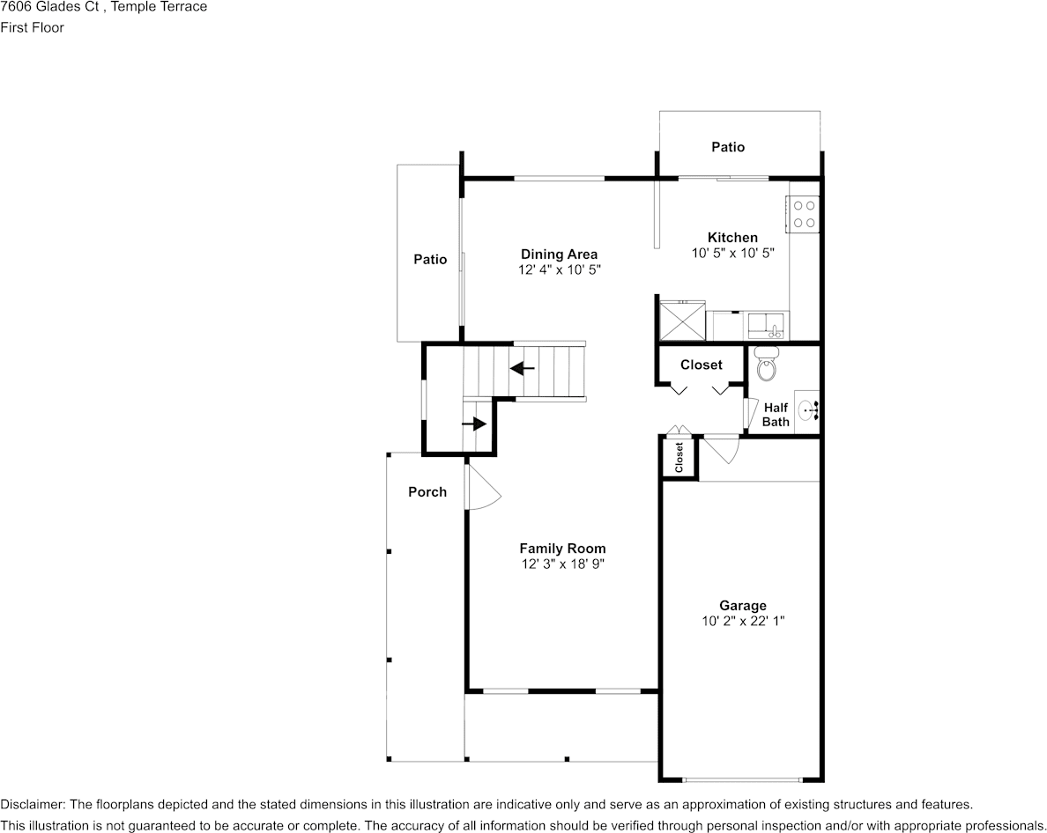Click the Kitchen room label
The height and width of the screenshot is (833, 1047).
pyautogui.click(x=732, y=238)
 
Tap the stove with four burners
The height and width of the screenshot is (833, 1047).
pyautogui.click(x=803, y=214)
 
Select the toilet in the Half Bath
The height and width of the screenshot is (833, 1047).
pyautogui.click(x=767, y=365)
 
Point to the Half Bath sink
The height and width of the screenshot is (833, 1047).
pyautogui.click(x=807, y=409)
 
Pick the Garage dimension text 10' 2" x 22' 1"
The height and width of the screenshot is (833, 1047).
pyautogui.click(x=743, y=621)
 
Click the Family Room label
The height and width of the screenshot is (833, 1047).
pyautogui.click(x=563, y=549)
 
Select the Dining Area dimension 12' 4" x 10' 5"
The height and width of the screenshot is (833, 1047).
pyautogui.click(x=560, y=269)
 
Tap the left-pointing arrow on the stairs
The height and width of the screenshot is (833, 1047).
pyautogui.click(x=522, y=367)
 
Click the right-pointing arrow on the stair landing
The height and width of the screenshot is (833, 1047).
pyautogui.click(x=474, y=424)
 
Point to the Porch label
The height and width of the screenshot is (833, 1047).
pyautogui.click(x=427, y=491)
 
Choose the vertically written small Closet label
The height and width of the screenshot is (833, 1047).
pyautogui.click(x=679, y=458)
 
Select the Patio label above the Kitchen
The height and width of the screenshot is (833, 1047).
pyautogui.click(x=728, y=147)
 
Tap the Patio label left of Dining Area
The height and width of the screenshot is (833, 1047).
pyautogui.click(x=430, y=260)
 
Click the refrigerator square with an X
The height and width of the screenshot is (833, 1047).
pyautogui.click(x=682, y=321)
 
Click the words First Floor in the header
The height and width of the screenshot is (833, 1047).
pyautogui.click(x=32, y=27)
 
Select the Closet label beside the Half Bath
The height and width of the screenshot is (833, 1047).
pyautogui.click(x=702, y=365)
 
